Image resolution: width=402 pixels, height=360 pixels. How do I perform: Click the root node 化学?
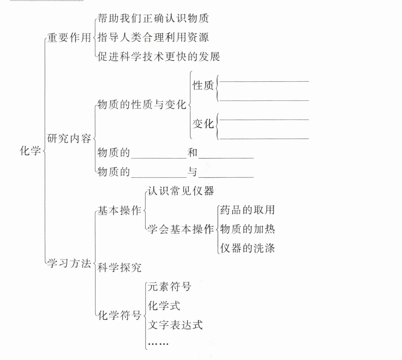(30, 151)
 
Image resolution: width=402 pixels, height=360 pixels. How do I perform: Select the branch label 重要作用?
(69, 38)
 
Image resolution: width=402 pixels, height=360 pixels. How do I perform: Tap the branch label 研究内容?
(69, 139)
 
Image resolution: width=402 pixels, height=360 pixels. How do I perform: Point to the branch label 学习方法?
(69, 264)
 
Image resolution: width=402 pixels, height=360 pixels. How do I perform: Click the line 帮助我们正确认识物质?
(153, 18)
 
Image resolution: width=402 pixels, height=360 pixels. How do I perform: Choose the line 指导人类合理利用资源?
(153, 37)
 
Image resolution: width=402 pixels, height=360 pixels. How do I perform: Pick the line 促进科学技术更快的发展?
(158, 56)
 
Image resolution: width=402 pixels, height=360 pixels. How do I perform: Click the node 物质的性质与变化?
(142, 105)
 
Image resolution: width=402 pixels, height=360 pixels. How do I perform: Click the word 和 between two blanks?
(193, 153)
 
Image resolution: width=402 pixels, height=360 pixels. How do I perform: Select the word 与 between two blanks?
(193, 172)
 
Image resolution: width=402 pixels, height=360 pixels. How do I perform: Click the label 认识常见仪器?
(181, 191)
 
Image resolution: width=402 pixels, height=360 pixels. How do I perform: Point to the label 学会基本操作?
(181, 229)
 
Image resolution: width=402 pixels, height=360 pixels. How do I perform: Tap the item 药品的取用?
(247, 210)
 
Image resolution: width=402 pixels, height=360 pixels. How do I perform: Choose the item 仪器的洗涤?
(247, 248)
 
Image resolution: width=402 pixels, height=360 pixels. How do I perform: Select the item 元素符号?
(169, 287)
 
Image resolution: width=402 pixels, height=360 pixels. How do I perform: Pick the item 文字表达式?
(175, 325)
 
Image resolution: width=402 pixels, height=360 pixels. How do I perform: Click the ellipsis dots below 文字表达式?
(158, 344)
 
